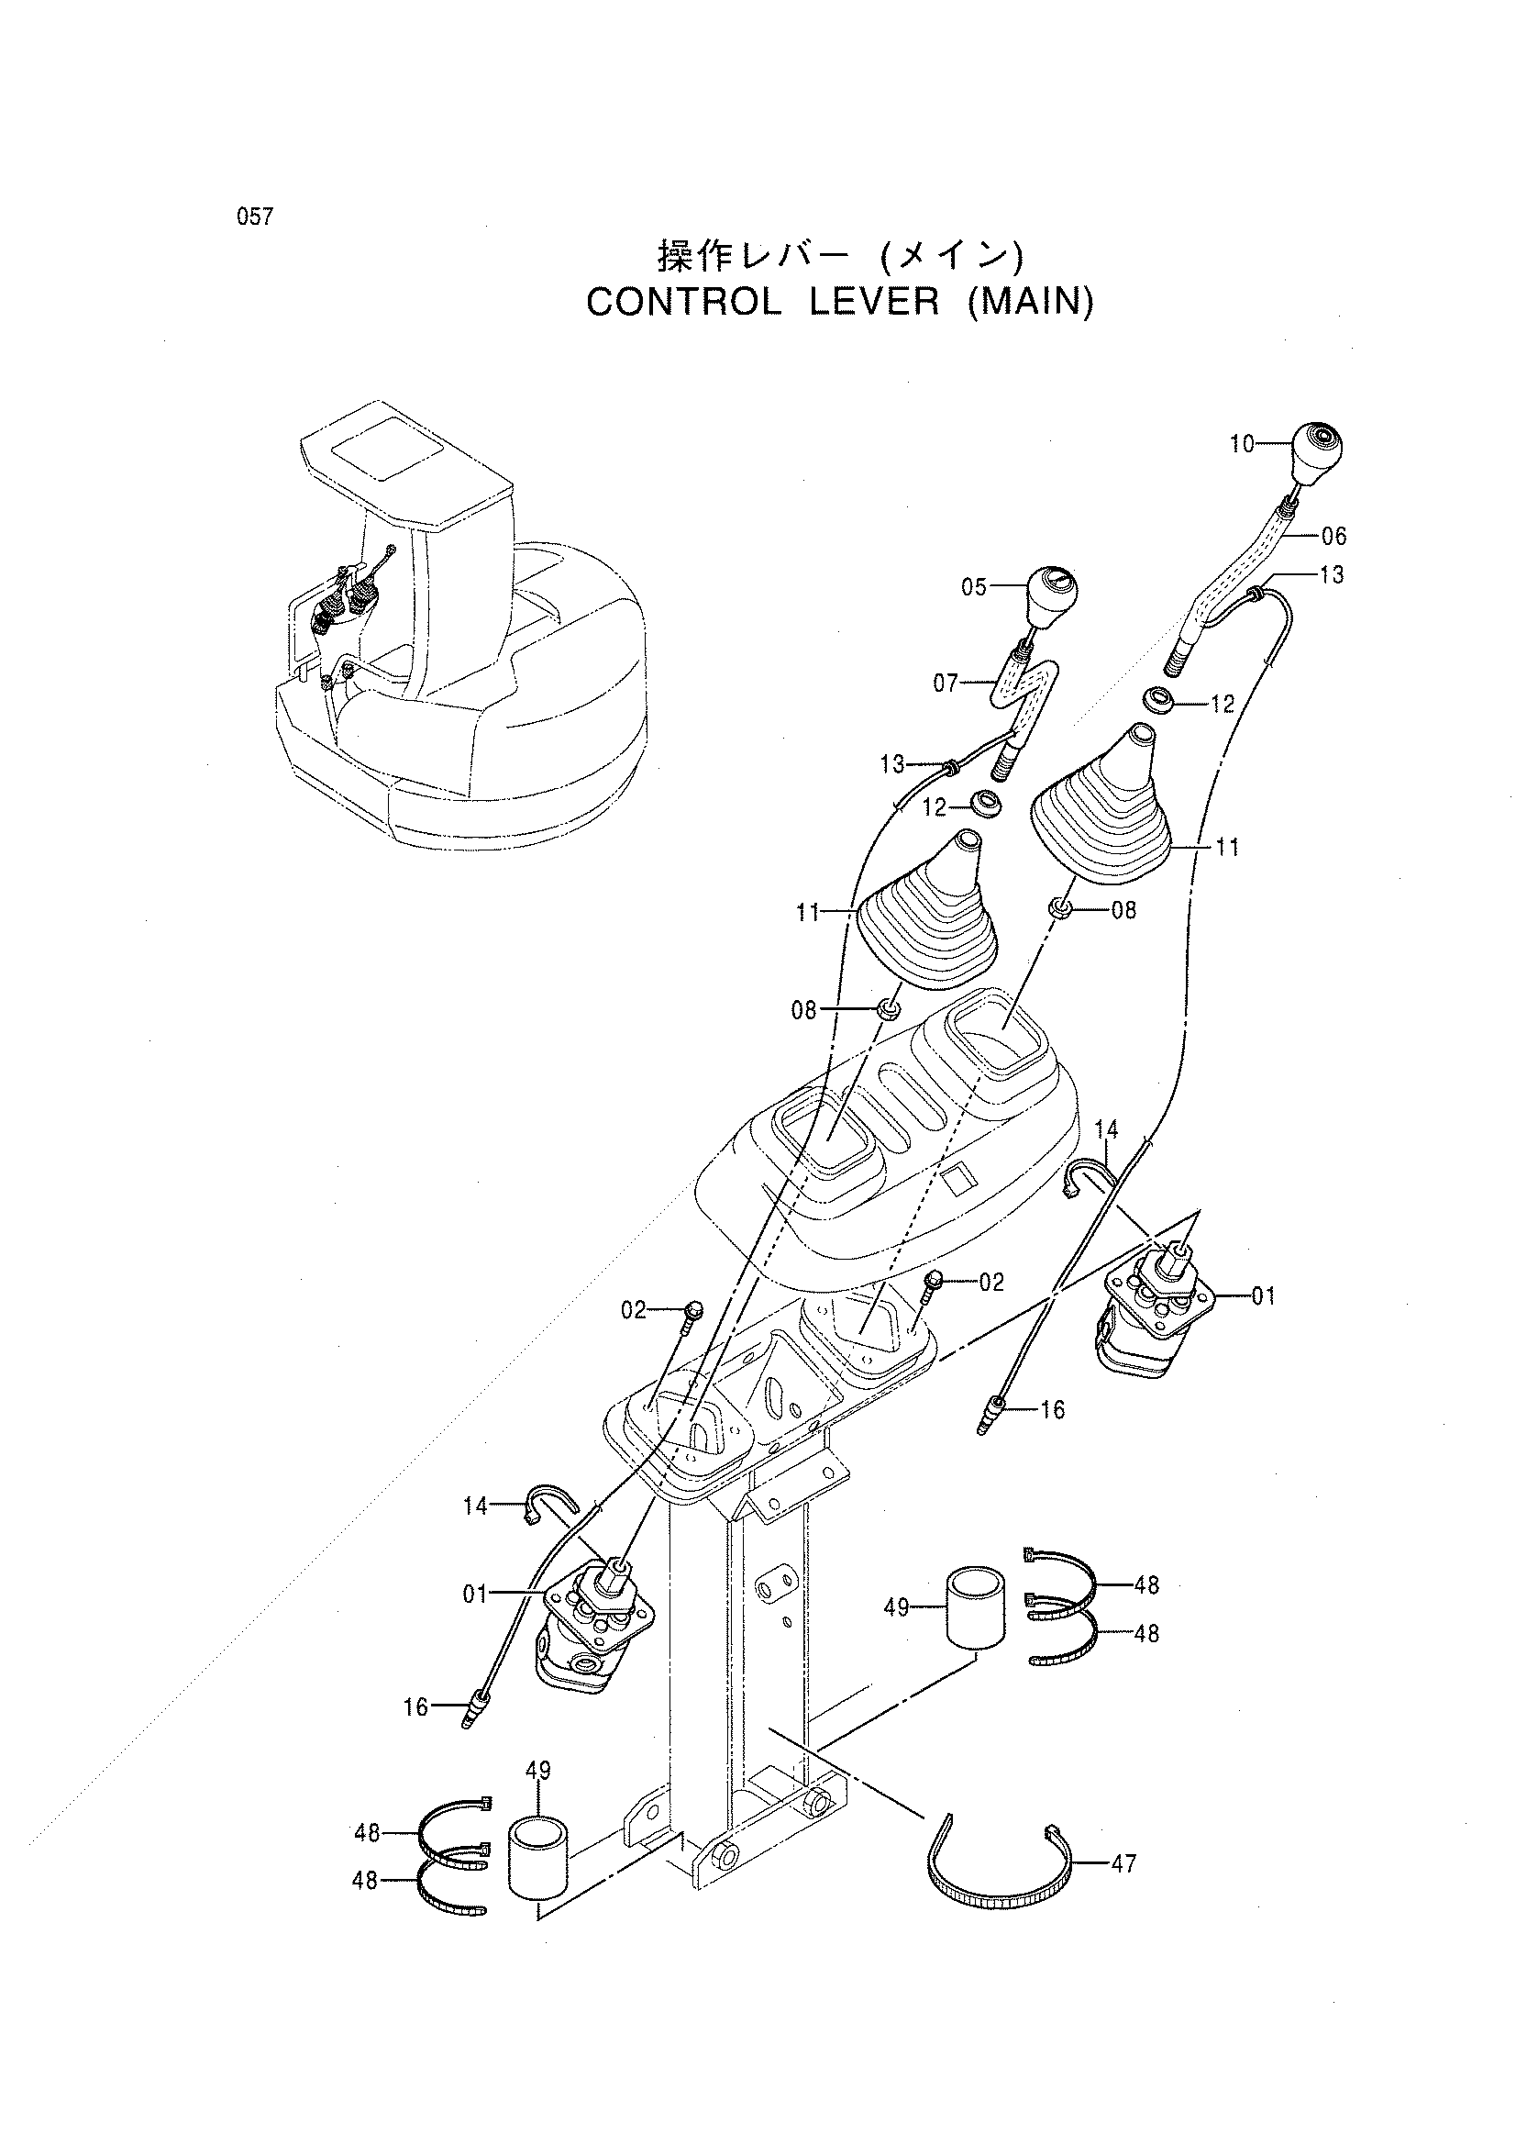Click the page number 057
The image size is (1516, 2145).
click(255, 217)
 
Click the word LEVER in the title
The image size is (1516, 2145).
click(874, 303)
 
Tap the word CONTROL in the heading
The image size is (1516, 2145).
click(683, 303)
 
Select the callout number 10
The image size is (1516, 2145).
click(1242, 445)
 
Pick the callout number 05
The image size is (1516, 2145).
click(973, 588)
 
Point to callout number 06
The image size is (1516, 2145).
click(1333, 536)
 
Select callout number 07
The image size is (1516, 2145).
click(946, 684)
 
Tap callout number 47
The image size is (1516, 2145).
click(1123, 1863)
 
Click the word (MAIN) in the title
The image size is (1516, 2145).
click(1029, 303)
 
